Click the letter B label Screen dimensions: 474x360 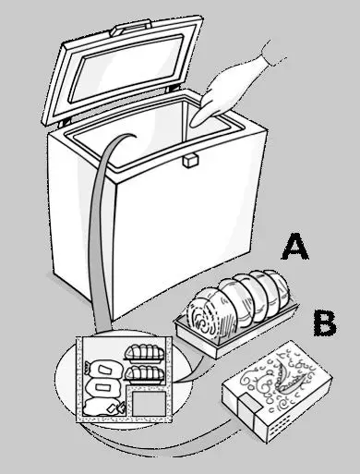323,323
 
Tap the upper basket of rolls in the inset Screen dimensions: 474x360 144,352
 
